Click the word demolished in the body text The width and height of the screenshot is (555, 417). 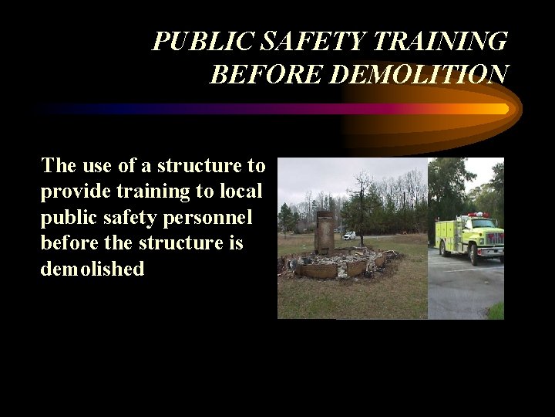pos(92,270)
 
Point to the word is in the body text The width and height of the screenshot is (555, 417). pos(235,243)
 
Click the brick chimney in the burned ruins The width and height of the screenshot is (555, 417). pos(325,232)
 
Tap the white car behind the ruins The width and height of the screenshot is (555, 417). pos(350,236)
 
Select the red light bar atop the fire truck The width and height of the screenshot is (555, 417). pos(479,215)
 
